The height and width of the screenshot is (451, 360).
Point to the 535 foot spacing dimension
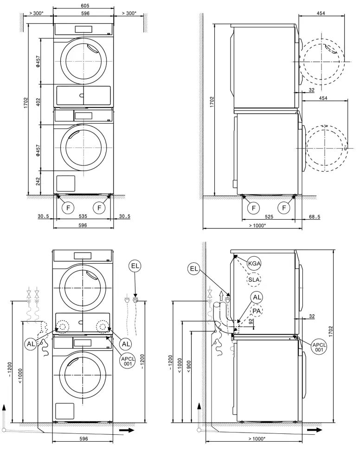84,216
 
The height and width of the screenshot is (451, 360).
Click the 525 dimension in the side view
269,216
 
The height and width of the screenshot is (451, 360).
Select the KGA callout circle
254,263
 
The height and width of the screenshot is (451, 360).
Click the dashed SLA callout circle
254,280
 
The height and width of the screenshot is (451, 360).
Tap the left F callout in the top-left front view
68,207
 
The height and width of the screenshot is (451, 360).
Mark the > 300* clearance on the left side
36,13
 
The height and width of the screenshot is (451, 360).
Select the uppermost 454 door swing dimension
321,13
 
